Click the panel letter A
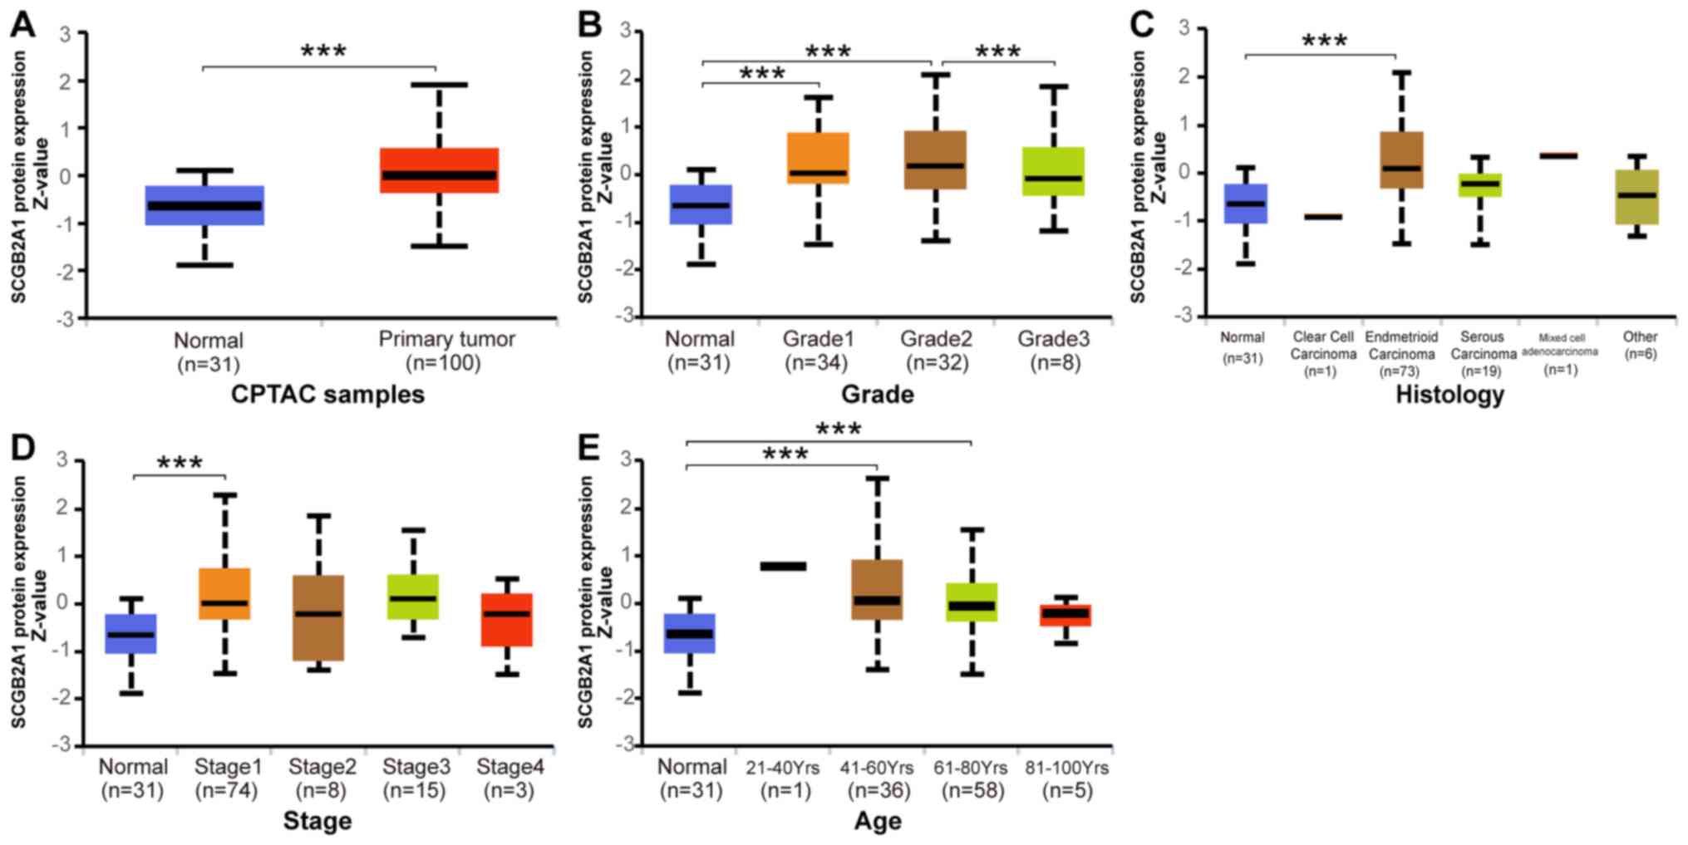pos(22,24)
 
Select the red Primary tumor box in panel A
pos(439,170)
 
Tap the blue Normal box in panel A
pos(204,205)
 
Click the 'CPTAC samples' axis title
pos(327,394)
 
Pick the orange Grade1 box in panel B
pos(819,158)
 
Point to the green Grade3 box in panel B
pos(1053,171)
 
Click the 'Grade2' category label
pos(936,339)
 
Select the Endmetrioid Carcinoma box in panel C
pos(1401,160)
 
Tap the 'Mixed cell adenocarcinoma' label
pos(1560,345)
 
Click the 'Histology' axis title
pos(1449,394)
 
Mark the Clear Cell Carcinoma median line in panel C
pos(1322,216)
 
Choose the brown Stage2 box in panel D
pos(319,617)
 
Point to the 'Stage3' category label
pos(416,767)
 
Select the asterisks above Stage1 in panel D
pos(180,463)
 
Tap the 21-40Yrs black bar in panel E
pos(783,567)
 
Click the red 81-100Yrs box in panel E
pos(1066,615)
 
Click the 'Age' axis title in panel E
pos(878,821)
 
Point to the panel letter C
pos(1142,24)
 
